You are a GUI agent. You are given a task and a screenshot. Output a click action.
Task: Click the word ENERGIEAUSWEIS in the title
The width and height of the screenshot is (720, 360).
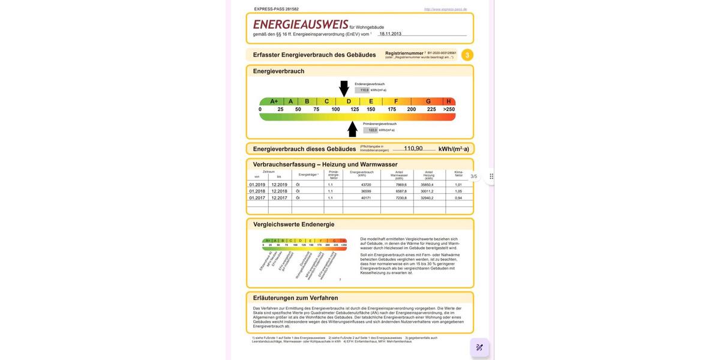click(301, 25)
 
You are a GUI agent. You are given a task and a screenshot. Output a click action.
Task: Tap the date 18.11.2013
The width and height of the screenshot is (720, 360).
click(390, 34)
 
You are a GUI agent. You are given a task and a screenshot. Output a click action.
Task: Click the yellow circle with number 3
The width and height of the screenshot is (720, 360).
click(467, 55)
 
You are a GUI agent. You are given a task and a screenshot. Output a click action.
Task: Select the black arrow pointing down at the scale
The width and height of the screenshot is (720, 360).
click(344, 88)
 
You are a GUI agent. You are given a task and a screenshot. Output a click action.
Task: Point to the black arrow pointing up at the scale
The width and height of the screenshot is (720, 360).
click(352, 129)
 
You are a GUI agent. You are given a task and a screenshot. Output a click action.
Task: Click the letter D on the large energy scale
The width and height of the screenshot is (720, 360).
click(349, 101)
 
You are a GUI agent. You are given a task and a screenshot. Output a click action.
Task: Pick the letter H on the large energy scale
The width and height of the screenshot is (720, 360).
click(448, 101)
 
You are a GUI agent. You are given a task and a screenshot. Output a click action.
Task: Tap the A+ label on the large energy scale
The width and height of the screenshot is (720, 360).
click(274, 101)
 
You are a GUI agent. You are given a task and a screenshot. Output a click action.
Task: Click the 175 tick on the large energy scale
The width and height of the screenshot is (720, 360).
click(392, 109)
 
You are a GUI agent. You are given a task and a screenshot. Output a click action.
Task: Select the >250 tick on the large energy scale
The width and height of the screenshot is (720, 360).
click(449, 109)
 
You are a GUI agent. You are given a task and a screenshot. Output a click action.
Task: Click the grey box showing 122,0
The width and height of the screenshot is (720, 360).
click(372, 130)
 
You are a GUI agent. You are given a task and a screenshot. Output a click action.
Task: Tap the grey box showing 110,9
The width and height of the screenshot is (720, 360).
click(364, 90)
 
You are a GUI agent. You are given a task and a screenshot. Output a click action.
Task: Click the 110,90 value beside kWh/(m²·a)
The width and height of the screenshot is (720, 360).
click(413, 149)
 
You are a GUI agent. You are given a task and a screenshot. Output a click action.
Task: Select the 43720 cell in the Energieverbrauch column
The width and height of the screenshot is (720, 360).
click(366, 185)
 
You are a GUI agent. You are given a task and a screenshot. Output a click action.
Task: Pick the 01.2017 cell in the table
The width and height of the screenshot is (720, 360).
click(257, 198)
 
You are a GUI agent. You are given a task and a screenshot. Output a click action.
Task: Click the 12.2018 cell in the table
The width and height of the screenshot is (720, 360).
click(279, 191)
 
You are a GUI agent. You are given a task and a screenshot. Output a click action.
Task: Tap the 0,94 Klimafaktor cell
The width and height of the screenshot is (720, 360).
click(458, 198)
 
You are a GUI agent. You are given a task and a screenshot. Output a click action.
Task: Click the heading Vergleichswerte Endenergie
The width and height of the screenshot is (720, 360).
click(293, 224)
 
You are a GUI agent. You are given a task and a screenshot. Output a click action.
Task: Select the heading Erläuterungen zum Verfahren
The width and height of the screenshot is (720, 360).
click(295, 298)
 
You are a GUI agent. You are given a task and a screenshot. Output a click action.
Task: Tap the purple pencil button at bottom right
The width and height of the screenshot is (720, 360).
click(479, 347)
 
